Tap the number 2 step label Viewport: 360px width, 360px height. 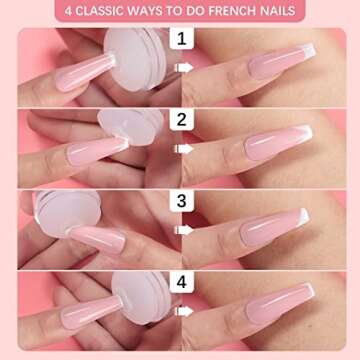pyautogui.click(x=182, y=121)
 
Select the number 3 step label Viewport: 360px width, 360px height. pyautogui.click(x=182, y=200)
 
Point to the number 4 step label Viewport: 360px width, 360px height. pyautogui.click(x=182, y=282)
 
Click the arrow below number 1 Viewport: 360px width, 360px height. pyautogui.click(x=182, y=69)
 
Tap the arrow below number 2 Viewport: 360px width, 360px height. pyautogui.click(x=182, y=149)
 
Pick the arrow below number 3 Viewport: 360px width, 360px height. pyautogui.click(x=182, y=229)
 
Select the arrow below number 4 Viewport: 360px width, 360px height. pyautogui.click(x=182, y=309)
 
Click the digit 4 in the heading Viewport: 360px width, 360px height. pyautogui.click(x=70, y=11)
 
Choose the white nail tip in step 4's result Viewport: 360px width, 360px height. pyautogui.click(x=305, y=292)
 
